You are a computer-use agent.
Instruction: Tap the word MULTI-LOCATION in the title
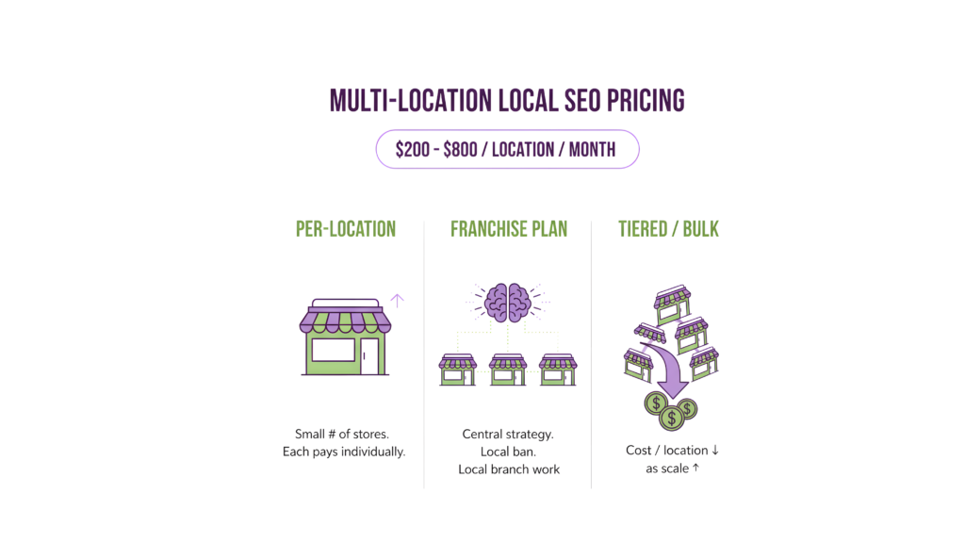tap(408, 101)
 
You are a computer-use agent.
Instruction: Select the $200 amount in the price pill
tap(412, 150)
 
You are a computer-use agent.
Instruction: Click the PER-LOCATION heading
tap(345, 229)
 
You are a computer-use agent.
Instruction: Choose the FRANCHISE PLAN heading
tap(509, 229)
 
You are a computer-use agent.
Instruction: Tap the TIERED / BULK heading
tap(668, 229)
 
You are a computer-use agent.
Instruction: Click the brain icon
tap(508, 303)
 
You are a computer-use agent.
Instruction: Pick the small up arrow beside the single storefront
tap(397, 301)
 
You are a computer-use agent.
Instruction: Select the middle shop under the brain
tap(508, 369)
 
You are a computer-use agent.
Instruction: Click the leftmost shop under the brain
tap(459, 369)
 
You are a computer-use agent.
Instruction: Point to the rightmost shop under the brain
tap(558, 369)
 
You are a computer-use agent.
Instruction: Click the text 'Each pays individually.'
tap(344, 452)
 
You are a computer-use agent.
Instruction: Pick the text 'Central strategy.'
tap(508, 435)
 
